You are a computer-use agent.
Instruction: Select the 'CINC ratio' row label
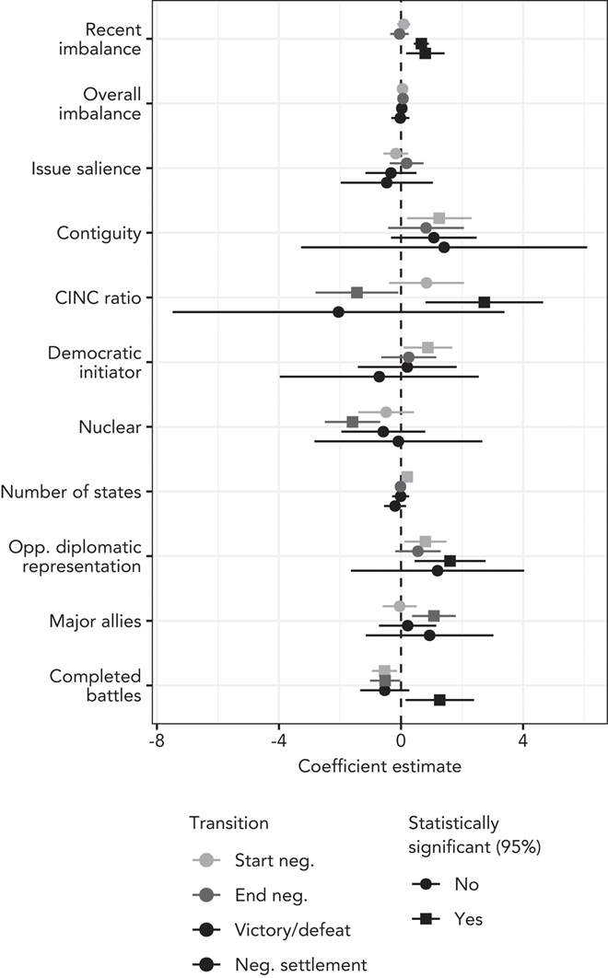point(103,297)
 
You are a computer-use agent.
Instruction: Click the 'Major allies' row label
point(95,621)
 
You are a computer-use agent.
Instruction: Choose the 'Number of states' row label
point(71,492)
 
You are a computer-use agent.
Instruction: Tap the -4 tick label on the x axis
point(279,740)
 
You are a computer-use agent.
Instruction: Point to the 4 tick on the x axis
point(523,740)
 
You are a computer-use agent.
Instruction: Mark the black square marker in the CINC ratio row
point(485,302)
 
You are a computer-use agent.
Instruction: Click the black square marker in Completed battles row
point(439,700)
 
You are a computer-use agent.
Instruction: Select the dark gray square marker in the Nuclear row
point(352,422)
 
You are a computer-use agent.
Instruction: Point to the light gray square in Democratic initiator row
point(427,347)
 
